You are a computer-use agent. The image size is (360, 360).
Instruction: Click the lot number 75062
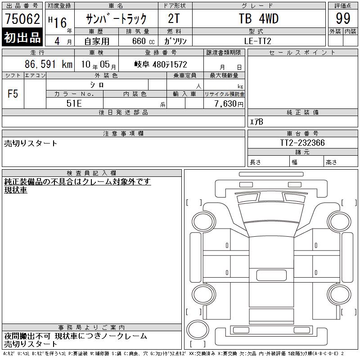click(x=22, y=18)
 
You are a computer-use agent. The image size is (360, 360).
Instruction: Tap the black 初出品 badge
click(x=22, y=37)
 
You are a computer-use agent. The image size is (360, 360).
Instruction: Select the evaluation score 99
click(x=343, y=18)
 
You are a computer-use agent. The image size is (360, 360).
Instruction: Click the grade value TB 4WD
click(x=259, y=18)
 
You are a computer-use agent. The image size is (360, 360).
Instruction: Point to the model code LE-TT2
click(x=257, y=41)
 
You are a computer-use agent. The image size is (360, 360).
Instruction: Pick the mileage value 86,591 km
click(x=49, y=64)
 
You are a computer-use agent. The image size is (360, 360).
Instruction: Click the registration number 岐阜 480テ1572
click(x=161, y=64)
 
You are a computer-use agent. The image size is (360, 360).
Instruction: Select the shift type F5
click(x=13, y=94)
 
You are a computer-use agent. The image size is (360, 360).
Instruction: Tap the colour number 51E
click(x=74, y=103)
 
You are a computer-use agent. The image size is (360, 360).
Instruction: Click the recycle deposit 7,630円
click(x=229, y=104)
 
